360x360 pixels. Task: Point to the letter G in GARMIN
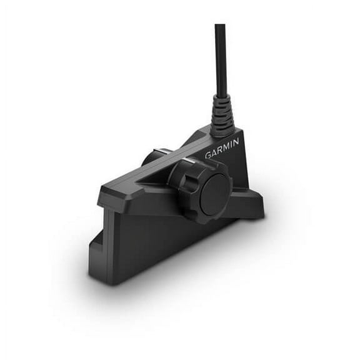click(x=207, y=156)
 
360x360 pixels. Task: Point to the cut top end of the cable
click(x=220, y=26)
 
